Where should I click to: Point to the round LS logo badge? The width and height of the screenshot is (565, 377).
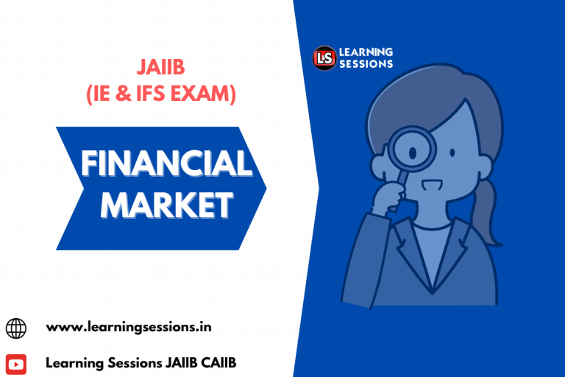click(324, 57)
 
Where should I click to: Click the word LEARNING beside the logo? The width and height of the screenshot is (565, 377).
click(366, 52)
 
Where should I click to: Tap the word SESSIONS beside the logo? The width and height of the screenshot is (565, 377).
click(366, 64)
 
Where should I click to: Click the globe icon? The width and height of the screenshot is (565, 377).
click(15, 327)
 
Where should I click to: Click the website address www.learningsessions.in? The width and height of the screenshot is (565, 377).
click(129, 326)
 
